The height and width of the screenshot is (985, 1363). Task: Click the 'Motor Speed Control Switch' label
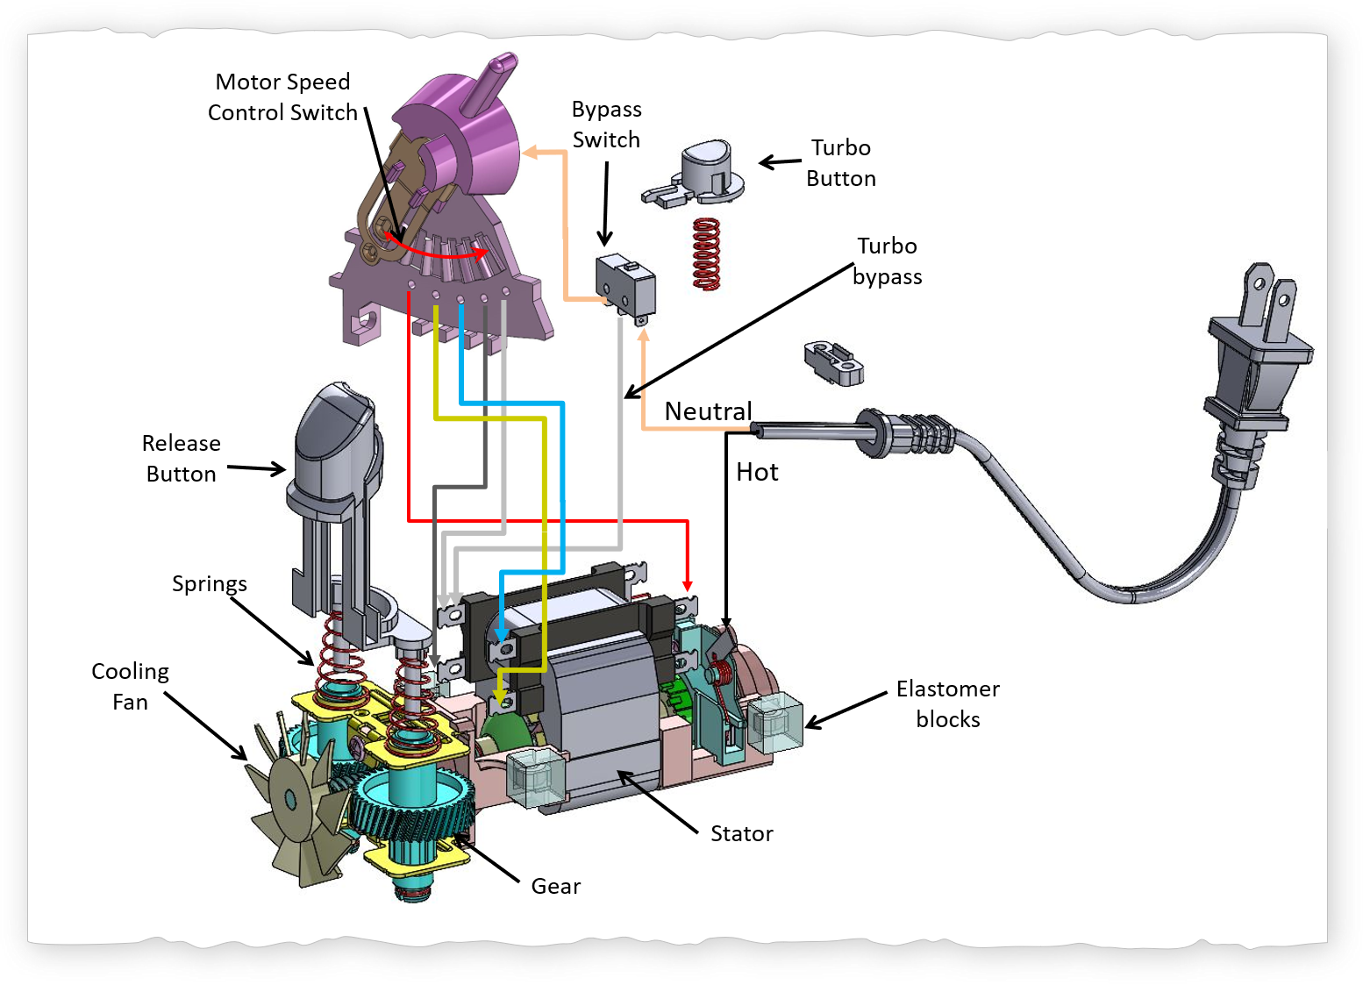click(x=282, y=97)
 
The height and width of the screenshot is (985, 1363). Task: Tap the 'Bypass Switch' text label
click(x=606, y=125)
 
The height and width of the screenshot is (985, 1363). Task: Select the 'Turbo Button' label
click(x=840, y=163)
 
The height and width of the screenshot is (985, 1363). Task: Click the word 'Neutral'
click(x=708, y=410)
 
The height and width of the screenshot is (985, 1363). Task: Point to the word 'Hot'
click(x=757, y=473)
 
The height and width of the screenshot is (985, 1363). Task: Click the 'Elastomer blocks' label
click(x=947, y=704)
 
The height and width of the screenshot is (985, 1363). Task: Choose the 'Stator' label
click(x=741, y=833)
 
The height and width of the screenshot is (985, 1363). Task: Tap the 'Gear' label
click(x=555, y=886)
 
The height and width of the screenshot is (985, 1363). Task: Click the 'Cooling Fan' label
click(x=130, y=687)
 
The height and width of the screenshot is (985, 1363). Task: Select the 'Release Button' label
click(x=181, y=459)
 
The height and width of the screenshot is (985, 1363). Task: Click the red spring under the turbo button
click(x=706, y=254)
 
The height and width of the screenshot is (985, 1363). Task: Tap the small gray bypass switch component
click(x=625, y=285)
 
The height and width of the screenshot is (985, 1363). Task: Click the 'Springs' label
click(x=209, y=584)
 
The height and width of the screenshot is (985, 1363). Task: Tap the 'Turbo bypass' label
click(x=887, y=261)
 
